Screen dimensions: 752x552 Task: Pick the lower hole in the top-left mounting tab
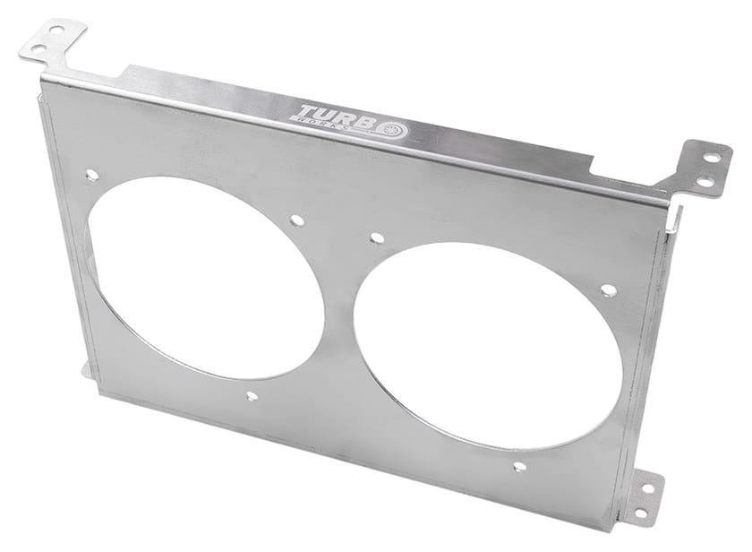click(38, 48)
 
